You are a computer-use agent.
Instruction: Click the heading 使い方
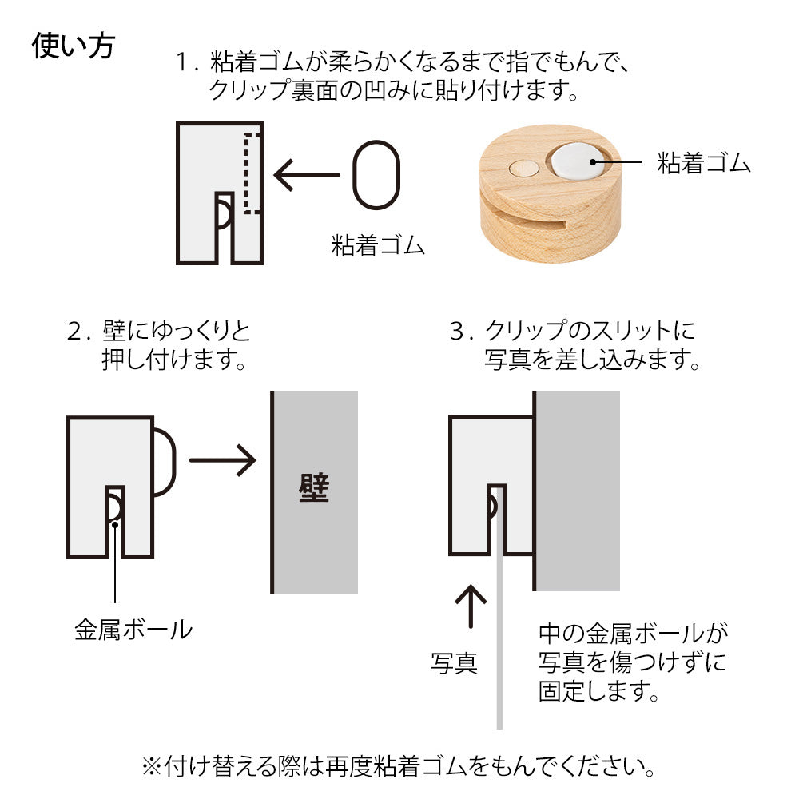pyautogui.click(x=74, y=46)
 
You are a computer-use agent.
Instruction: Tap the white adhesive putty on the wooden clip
pyautogui.click(x=577, y=160)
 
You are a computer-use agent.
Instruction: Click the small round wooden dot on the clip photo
pyautogui.click(x=523, y=169)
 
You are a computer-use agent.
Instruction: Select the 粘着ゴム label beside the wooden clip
pyautogui.click(x=704, y=164)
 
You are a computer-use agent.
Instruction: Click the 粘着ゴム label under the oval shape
pyautogui.click(x=377, y=244)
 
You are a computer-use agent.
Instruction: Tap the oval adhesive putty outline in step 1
pyautogui.click(x=376, y=175)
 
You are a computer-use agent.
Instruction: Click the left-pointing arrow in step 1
pyautogui.click(x=306, y=175)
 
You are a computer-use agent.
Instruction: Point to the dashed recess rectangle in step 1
pyautogui.click(x=252, y=173)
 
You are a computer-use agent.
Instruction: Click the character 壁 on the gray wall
pyautogui.click(x=313, y=488)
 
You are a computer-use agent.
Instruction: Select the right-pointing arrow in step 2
pyautogui.click(x=221, y=460)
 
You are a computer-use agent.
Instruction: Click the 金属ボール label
pyautogui.click(x=133, y=630)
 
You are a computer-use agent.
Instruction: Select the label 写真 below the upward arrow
pyautogui.click(x=454, y=663)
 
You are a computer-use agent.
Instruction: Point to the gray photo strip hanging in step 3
pyautogui.click(x=500, y=639)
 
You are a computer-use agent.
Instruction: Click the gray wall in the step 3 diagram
pyautogui.click(x=577, y=491)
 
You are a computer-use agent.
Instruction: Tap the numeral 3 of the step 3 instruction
pyautogui.click(x=458, y=331)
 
